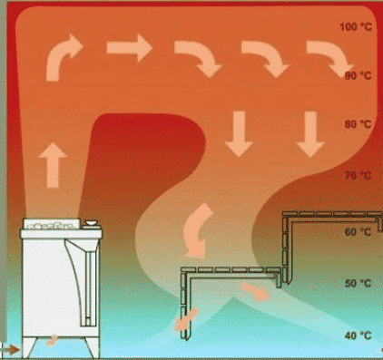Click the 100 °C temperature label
[356, 27]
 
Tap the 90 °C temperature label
[358, 75]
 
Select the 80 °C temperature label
[358, 124]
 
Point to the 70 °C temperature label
[358, 175]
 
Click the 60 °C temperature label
[358, 232]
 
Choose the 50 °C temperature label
[358, 284]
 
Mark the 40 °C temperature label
[358, 336]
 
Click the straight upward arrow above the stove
[53, 165]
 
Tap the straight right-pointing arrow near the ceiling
[129, 48]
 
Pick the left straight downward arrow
[240, 133]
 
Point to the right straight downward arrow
[310, 133]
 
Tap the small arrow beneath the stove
[52, 340]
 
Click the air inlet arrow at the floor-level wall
[11, 350]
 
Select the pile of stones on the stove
[52, 225]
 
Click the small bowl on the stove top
[91, 223]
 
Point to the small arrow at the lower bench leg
[186, 320]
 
